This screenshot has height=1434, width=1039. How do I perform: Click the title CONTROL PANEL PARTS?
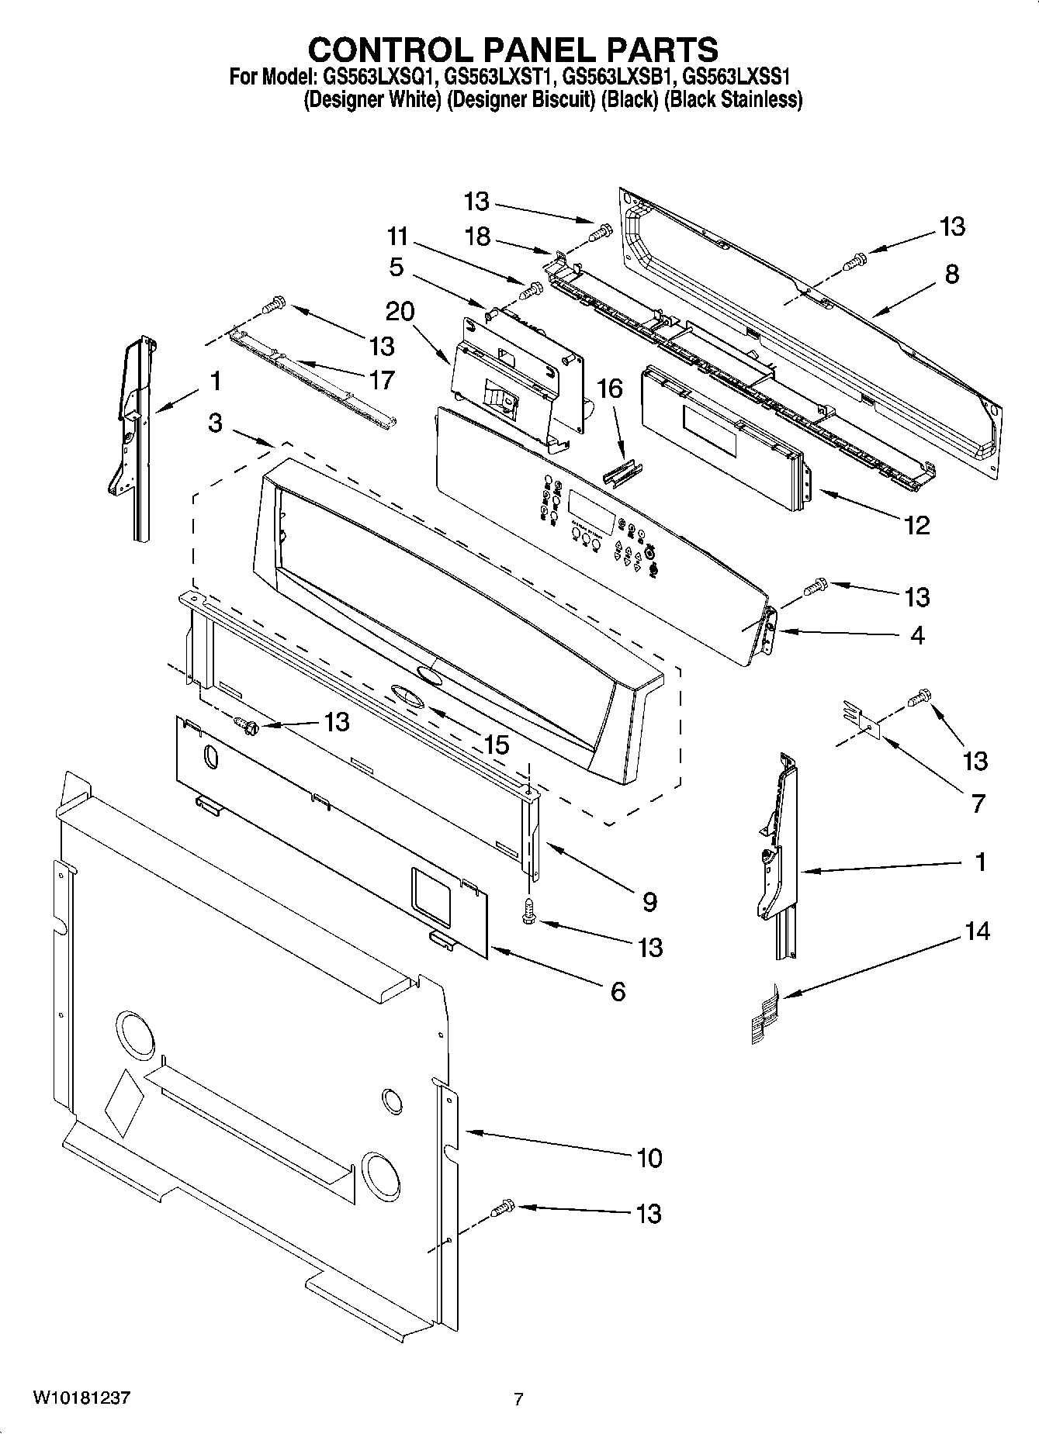[x=513, y=49]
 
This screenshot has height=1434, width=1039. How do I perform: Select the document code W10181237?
[x=81, y=1398]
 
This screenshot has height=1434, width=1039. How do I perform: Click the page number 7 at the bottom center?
[x=518, y=1400]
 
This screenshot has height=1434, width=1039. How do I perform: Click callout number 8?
[x=951, y=274]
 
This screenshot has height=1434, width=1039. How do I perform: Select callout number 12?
[x=916, y=525]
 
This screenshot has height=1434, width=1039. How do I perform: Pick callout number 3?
[x=215, y=423]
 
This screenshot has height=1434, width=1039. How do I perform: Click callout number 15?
[x=496, y=745]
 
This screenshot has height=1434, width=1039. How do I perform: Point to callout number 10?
[x=649, y=1158]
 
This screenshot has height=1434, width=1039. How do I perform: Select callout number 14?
[x=977, y=930]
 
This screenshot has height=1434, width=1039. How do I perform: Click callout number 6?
[x=618, y=991]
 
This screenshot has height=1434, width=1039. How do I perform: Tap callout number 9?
[x=649, y=901]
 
